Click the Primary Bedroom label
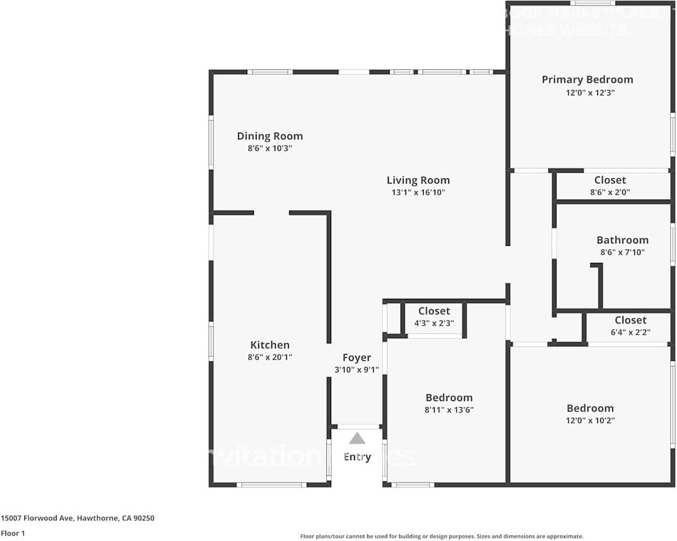(x=587, y=80)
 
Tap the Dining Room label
(x=270, y=136)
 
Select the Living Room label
(x=418, y=180)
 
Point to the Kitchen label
(x=270, y=345)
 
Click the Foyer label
(x=357, y=358)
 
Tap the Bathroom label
(x=622, y=240)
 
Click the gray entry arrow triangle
(x=357, y=438)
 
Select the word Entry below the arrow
(x=357, y=457)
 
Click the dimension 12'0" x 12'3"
(x=587, y=93)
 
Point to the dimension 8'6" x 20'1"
(x=270, y=358)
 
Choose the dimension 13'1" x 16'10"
(x=418, y=193)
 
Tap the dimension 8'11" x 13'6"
(x=449, y=410)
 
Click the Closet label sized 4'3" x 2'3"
(x=434, y=311)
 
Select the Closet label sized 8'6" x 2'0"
(x=610, y=180)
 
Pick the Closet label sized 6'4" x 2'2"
(x=630, y=320)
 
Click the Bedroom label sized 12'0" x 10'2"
(x=590, y=408)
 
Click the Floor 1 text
(x=13, y=533)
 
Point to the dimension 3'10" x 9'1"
(x=357, y=370)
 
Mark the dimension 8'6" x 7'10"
(x=622, y=253)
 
